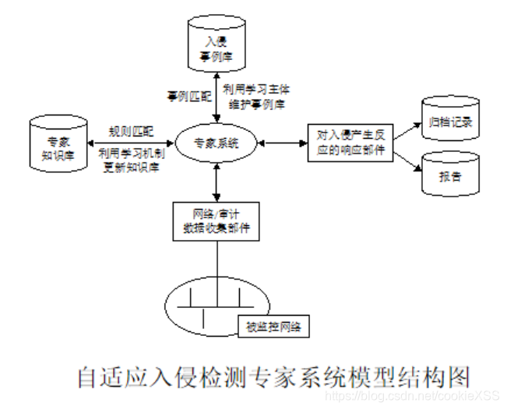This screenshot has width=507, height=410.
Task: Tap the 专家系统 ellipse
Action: click(x=217, y=143)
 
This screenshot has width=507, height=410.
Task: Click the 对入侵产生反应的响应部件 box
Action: click(x=350, y=143)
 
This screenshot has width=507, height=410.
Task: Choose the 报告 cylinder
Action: click(x=451, y=175)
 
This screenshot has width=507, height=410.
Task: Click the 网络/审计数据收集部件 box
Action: click(x=216, y=220)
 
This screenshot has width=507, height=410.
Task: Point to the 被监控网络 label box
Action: click(x=272, y=326)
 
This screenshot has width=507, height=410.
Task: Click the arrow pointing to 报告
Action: click(x=407, y=161)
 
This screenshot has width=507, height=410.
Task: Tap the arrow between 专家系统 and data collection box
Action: click(x=216, y=182)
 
